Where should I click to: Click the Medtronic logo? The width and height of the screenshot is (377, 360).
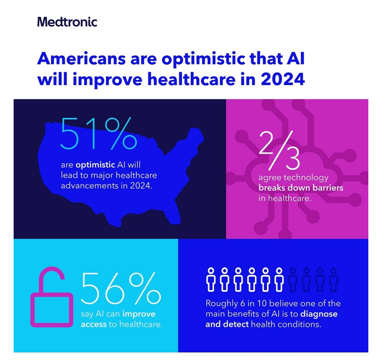(x=67, y=21)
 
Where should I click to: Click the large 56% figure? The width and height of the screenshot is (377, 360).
(x=121, y=288)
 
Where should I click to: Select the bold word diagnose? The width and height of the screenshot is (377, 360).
(x=316, y=314)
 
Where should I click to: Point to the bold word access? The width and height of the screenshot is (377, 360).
(x=94, y=324)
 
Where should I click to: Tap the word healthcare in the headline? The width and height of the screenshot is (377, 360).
(x=180, y=79)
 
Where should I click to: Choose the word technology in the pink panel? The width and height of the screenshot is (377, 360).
(x=306, y=178)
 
